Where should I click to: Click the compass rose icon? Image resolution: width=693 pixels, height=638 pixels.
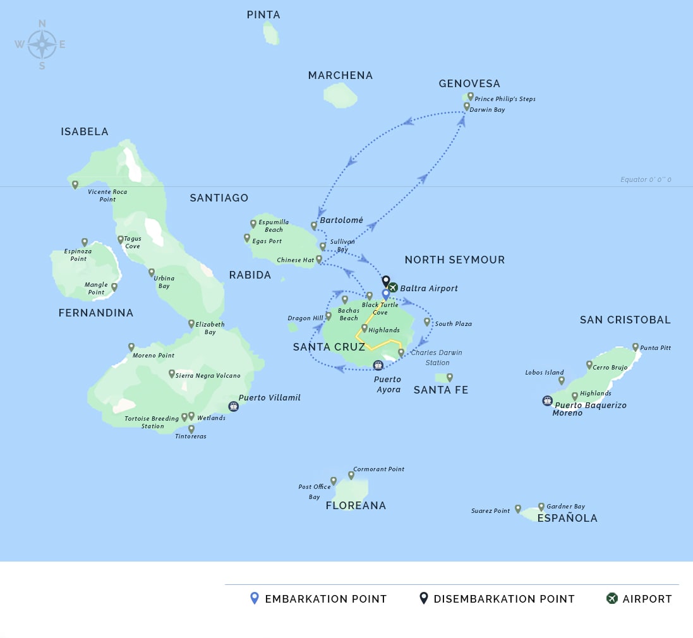coord(42,44)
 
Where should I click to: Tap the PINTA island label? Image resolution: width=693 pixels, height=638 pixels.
coord(263,15)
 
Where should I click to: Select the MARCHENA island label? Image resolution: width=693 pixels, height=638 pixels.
coord(340,75)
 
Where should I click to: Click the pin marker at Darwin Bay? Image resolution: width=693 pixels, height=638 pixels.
coord(467,107)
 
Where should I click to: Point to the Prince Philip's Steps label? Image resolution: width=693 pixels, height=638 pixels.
coord(505,99)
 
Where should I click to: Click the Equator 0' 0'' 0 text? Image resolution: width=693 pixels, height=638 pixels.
coord(646,180)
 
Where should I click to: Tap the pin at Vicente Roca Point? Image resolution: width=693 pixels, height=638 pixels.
coord(75,184)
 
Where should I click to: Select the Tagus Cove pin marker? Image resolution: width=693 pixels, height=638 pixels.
coord(121,239)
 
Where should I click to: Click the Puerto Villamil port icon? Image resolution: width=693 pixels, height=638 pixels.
coord(233,406)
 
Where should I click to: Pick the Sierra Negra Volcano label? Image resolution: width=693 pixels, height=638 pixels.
coord(208,375)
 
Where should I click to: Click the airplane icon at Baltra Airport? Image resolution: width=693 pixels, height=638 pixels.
coord(393,287)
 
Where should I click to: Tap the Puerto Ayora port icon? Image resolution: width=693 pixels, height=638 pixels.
coord(378,365)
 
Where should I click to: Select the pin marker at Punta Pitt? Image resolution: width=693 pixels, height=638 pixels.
coord(636,347)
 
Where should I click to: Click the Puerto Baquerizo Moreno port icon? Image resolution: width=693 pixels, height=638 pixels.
coord(547,400)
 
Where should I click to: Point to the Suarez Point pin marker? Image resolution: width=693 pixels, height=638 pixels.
coord(518,508)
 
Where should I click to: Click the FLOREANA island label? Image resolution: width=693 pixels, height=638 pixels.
coord(356,505)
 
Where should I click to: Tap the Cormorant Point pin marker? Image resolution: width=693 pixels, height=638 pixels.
coord(351,475)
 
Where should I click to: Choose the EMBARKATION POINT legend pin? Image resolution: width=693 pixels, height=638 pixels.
coord(255,598)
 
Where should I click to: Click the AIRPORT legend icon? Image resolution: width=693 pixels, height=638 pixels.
coord(612,598)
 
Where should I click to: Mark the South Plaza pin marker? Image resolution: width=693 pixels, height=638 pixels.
coord(427,322)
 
